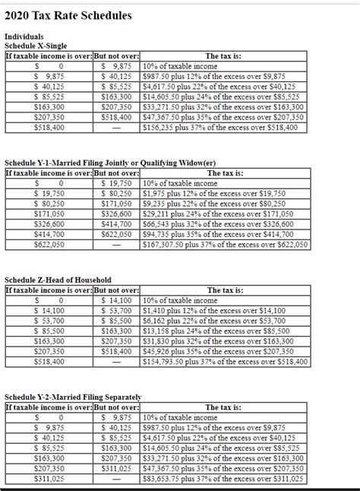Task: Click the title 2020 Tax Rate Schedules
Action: point(68,15)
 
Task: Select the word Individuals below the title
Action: point(24,36)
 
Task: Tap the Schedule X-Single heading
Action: point(36,46)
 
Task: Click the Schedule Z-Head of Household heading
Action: point(58,280)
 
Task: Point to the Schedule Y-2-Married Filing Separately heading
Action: point(73,398)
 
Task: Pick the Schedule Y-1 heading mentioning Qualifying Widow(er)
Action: point(114,163)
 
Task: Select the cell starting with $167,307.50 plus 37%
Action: point(225,245)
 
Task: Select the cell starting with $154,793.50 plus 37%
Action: point(225,363)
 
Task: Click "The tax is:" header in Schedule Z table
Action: point(225,290)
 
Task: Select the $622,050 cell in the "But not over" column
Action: point(116,235)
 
